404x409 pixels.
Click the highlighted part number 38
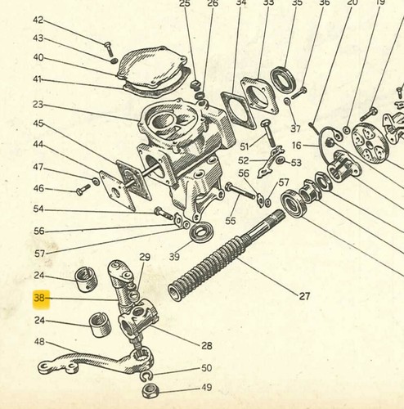pos(38,298)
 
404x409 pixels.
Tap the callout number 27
pos(304,296)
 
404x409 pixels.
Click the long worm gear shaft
pos(226,255)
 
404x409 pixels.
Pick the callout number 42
pos(38,20)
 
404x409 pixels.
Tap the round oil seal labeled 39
pos(202,231)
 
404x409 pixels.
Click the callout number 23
pos(38,105)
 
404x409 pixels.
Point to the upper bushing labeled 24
pos(86,280)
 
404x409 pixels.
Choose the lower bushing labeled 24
pos(101,325)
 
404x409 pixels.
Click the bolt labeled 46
pos(83,190)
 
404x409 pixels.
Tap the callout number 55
pos(231,221)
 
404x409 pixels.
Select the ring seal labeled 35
pos(283,79)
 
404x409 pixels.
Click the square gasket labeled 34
pos(239,110)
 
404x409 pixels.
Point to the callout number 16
pos(297,146)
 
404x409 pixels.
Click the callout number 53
pos(296,163)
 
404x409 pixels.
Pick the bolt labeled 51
pos(268,133)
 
